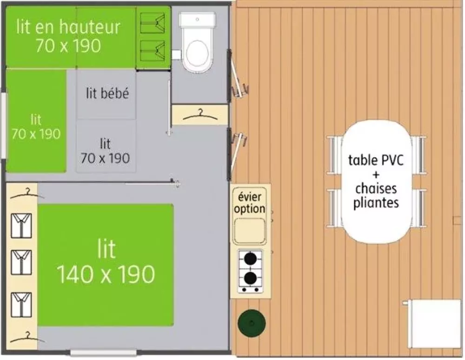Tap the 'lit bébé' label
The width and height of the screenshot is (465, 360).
click(x=107, y=93)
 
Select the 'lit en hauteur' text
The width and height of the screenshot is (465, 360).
click(x=68, y=27)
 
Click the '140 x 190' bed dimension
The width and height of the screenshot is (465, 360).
click(x=106, y=274)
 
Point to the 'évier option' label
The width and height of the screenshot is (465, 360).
click(x=250, y=203)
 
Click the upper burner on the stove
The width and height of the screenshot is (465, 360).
click(x=251, y=259)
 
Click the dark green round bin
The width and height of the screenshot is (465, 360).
click(x=252, y=323)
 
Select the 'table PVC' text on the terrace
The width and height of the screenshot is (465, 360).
click(x=376, y=160)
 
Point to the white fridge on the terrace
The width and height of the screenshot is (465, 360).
click(x=432, y=324)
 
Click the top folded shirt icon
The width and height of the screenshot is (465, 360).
click(x=21, y=226)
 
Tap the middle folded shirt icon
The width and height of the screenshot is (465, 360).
click(x=21, y=262)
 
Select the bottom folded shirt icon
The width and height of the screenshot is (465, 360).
click(x=21, y=305)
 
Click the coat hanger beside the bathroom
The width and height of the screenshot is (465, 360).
click(x=200, y=116)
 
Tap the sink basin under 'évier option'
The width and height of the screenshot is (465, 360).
click(x=250, y=230)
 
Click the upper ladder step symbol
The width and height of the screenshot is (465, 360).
click(x=153, y=22)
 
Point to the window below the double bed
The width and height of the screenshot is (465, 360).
click(x=104, y=353)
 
